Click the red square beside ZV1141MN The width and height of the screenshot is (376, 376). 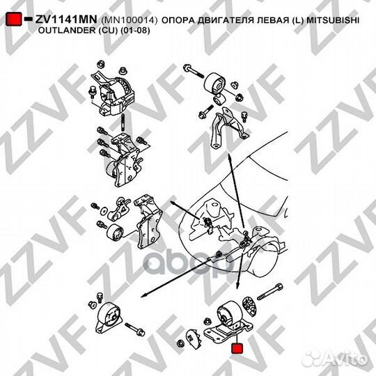pos(12,22)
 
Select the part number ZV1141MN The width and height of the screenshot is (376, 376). pos(62,22)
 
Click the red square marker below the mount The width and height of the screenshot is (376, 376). pos(237,347)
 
